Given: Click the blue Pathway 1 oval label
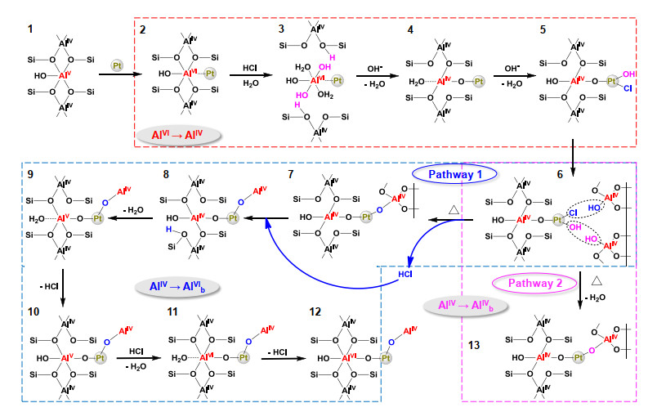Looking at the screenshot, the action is coord(454,174).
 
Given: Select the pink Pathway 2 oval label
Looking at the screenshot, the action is coord(535,284).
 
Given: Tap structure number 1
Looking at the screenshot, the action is coord(30,29).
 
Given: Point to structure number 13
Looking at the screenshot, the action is coord(474,345).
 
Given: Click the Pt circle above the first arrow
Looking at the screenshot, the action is coord(117,65).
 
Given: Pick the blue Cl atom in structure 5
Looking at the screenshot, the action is coord(628,88).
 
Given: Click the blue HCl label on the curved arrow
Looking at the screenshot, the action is coord(405,275).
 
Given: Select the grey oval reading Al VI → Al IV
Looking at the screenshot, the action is coord(178,136).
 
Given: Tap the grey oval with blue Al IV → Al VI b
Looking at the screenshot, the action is coord(177,287).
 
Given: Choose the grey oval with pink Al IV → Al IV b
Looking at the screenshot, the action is coord(466,306).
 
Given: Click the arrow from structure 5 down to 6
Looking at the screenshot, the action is coord(573,158).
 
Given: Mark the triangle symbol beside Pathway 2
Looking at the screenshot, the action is coord(597,280).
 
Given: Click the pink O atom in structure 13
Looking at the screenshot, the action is coord(592,351).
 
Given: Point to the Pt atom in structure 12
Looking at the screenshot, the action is coord(386,358).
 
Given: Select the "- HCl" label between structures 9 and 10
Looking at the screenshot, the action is coord(49,287).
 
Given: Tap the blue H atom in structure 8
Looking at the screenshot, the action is coord(168,230).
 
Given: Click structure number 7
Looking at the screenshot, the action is coord(291,174).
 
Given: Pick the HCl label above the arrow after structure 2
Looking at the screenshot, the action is coord(250,68).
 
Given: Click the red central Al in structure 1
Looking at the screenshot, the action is coord(65,75).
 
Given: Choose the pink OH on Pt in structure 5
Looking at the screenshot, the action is coord(628,74).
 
